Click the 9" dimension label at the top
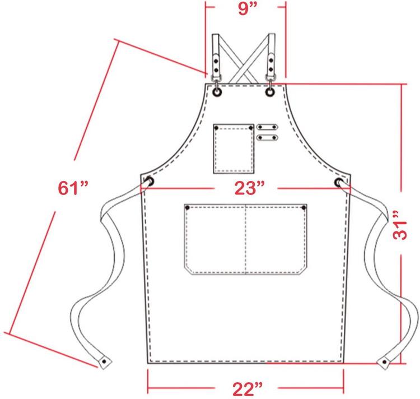coord(248,9)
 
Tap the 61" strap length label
coord(73,188)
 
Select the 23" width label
coord(250,188)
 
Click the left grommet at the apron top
coord(217,92)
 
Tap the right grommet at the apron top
coord(270,92)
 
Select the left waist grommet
coord(150,182)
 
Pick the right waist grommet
coord(339,182)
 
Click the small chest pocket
coord(234,149)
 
